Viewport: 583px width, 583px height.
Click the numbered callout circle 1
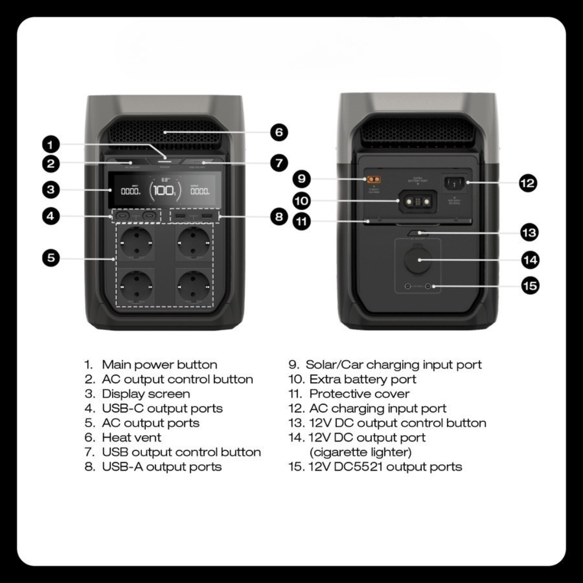click(x=50, y=144)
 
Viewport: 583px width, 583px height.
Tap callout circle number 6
click(x=279, y=132)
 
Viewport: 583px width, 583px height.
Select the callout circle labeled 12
click(x=527, y=183)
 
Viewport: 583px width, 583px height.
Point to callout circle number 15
click(x=530, y=285)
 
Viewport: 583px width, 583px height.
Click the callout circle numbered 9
click(x=302, y=178)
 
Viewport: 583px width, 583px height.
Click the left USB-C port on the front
click(x=123, y=216)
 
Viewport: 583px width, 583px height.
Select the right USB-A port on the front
click(x=206, y=216)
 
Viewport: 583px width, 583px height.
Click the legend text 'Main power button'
click(x=159, y=365)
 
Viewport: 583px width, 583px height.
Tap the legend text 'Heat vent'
click(x=131, y=438)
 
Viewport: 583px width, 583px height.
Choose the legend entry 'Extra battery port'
click(x=362, y=379)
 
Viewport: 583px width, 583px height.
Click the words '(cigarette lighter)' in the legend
click(x=360, y=452)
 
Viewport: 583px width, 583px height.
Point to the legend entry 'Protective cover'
click(x=359, y=394)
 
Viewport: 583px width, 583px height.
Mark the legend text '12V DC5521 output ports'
click(x=385, y=467)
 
